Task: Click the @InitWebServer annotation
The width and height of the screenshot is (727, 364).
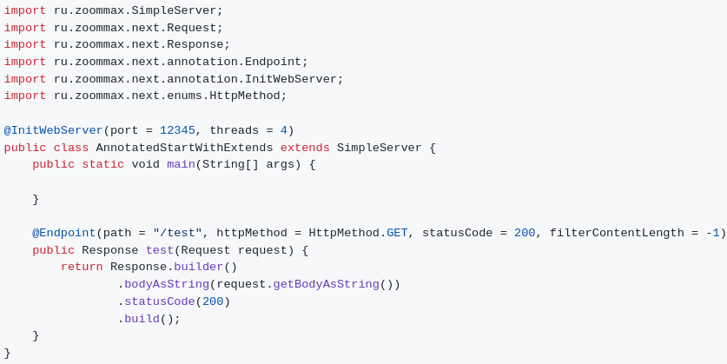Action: (x=53, y=131)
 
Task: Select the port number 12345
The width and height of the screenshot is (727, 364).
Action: (x=177, y=131)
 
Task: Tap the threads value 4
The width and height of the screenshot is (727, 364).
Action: (x=283, y=131)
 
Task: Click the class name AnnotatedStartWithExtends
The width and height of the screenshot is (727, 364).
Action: (x=184, y=148)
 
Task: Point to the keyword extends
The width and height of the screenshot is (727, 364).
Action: (x=305, y=148)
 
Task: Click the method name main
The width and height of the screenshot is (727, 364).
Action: (x=181, y=165)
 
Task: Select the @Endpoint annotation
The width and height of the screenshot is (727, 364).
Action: (x=64, y=234)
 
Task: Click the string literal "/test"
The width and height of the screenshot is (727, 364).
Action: (x=177, y=234)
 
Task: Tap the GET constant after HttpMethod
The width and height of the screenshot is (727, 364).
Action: (x=397, y=234)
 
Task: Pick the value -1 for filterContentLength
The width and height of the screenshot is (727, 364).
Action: (x=712, y=234)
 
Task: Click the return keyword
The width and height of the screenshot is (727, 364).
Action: (x=82, y=268)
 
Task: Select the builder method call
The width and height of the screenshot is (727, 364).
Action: (x=199, y=268)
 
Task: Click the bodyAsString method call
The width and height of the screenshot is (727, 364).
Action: (x=167, y=285)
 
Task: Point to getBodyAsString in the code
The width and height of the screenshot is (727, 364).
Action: (x=326, y=285)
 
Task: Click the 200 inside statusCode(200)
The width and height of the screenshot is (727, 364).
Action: (x=213, y=302)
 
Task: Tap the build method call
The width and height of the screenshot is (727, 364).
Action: (x=142, y=319)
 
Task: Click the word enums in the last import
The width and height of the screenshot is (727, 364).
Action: (x=184, y=96)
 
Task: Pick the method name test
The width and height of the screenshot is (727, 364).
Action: (x=160, y=251)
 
